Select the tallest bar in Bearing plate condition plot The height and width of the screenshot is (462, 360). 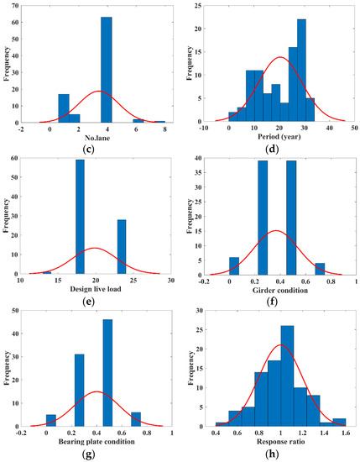click(x=107, y=374)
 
